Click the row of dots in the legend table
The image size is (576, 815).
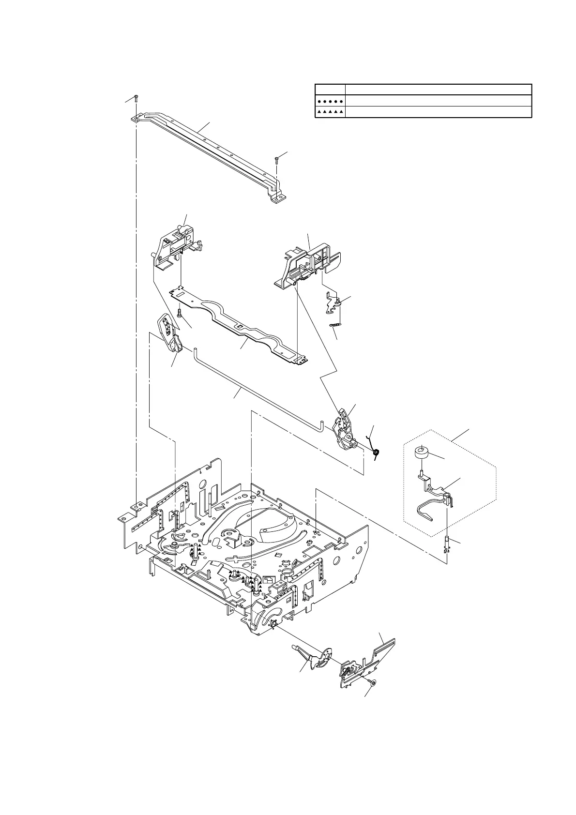click(x=330, y=101)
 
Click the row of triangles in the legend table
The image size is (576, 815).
click(x=330, y=112)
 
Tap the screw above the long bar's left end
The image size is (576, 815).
click(x=136, y=98)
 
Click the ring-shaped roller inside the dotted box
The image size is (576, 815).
click(x=422, y=453)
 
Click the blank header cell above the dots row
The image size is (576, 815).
click(x=330, y=90)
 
